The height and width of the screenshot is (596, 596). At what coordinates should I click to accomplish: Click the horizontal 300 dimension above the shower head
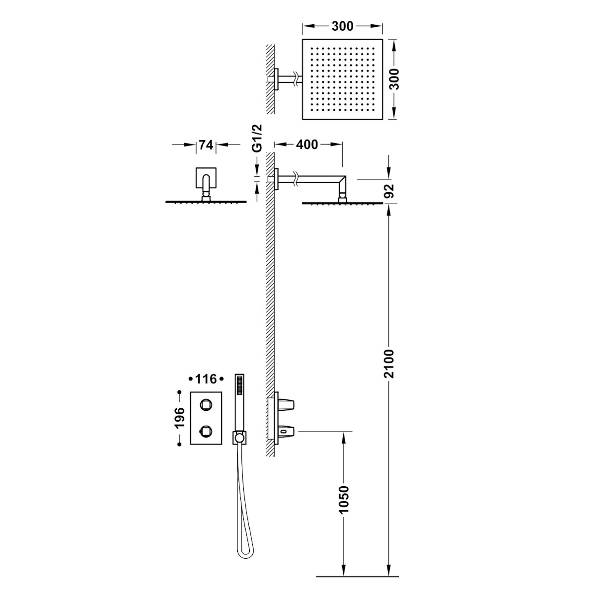click(x=342, y=27)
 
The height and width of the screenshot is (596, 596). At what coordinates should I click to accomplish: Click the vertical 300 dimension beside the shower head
click(x=393, y=79)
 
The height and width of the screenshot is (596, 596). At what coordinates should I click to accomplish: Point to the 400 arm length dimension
click(x=307, y=144)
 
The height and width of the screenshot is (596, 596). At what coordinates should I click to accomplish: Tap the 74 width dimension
click(x=206, y=145)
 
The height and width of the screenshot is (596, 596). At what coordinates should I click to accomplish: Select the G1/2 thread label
click(x=257, y=138)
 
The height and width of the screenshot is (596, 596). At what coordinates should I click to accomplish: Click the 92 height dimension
click(x=389, y=191)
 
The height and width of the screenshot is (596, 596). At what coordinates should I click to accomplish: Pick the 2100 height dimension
click(x=389, y=364)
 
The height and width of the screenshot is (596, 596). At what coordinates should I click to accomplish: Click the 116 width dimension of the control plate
click(x=206, y=379)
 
